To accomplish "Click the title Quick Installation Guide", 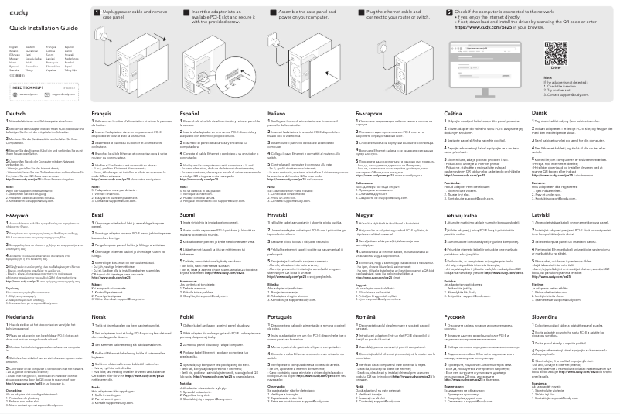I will [x=36, y=28].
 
